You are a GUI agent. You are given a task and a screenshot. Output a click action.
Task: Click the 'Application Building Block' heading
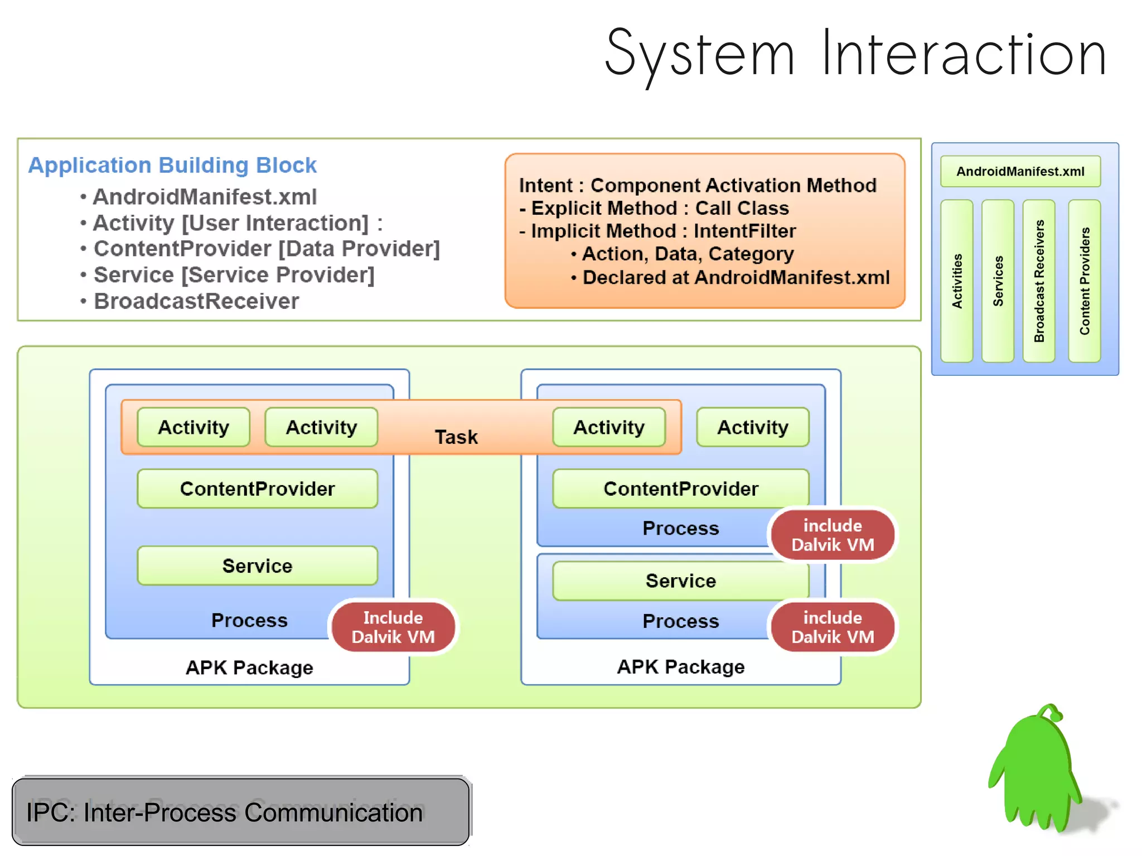(x=172, y=166)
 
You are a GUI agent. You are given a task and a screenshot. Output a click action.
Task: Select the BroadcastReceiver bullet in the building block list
(x=196, y=301)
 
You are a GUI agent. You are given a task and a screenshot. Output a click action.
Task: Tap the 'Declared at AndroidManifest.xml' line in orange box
(x=735, y=278)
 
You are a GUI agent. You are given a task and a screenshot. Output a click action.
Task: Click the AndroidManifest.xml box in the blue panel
(x=1020, y=171)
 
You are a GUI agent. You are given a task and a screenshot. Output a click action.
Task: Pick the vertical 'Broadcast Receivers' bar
(x=1038, y=281)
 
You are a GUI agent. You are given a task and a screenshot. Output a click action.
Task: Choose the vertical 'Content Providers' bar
(x=1084, y=281)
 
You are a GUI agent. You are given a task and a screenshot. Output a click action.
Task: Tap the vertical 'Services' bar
(x=997, y=281)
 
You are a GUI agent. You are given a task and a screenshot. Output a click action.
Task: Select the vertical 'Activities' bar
(x=956, y=281)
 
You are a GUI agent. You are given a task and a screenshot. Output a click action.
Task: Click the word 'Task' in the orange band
(x=456, y=437)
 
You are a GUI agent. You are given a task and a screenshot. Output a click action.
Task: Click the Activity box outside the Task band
(x=752, y=428)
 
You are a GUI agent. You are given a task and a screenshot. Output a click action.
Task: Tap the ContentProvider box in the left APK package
(x=257, y=489)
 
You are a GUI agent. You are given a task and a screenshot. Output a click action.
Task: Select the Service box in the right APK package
(x=680, y=581)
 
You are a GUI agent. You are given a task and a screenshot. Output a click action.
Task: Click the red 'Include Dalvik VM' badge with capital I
(x=393, y=627)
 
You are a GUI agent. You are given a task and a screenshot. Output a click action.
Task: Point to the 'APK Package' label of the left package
(x=249, y=668)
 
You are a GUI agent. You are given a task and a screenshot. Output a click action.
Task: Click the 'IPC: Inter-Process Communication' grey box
(x=240, y=812)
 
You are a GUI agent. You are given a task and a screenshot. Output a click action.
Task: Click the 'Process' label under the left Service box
(x=249, y=620)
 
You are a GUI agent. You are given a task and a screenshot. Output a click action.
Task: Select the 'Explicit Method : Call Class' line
(x=659, y=209)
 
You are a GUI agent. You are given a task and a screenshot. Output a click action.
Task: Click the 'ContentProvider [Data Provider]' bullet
(x=266, y=249)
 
